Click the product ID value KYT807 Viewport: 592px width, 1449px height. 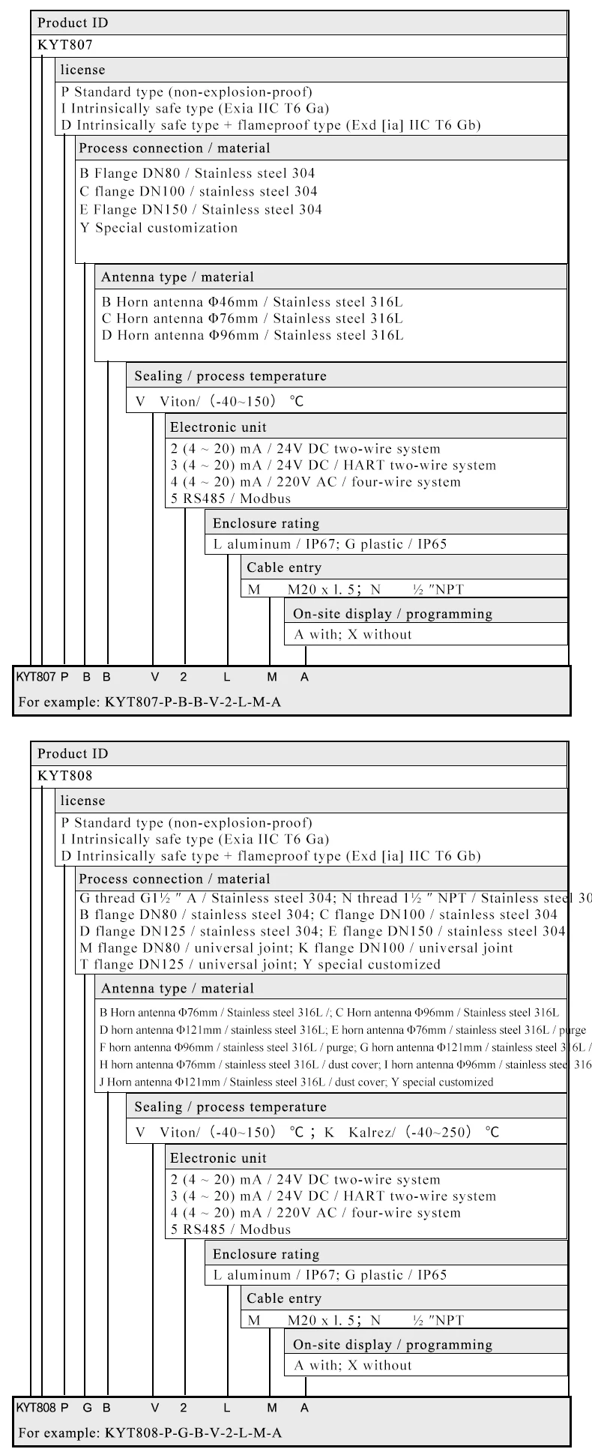[65, 44]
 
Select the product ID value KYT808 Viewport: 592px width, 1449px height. [65, 775]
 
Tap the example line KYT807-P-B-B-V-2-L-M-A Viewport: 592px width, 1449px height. [150, 702]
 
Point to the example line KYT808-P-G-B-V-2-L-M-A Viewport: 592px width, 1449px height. [150, 1433]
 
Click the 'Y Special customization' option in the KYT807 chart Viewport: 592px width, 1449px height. [159, 228]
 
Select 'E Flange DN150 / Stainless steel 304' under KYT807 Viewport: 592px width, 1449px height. [201, 210]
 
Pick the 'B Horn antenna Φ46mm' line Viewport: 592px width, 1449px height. [252, 302]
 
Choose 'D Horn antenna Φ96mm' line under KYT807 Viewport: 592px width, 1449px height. [252, 335]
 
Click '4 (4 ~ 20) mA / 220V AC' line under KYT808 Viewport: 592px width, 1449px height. [315, 1213]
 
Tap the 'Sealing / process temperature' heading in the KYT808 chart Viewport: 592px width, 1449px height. [230, 1106]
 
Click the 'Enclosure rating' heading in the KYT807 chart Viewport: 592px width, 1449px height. [265, 523]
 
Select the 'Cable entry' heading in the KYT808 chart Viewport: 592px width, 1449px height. [284, 1298]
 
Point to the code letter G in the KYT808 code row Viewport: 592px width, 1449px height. [87, 1408]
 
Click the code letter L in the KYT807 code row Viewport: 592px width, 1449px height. [227, 677]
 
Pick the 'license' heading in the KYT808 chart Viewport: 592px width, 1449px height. [82, 801]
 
